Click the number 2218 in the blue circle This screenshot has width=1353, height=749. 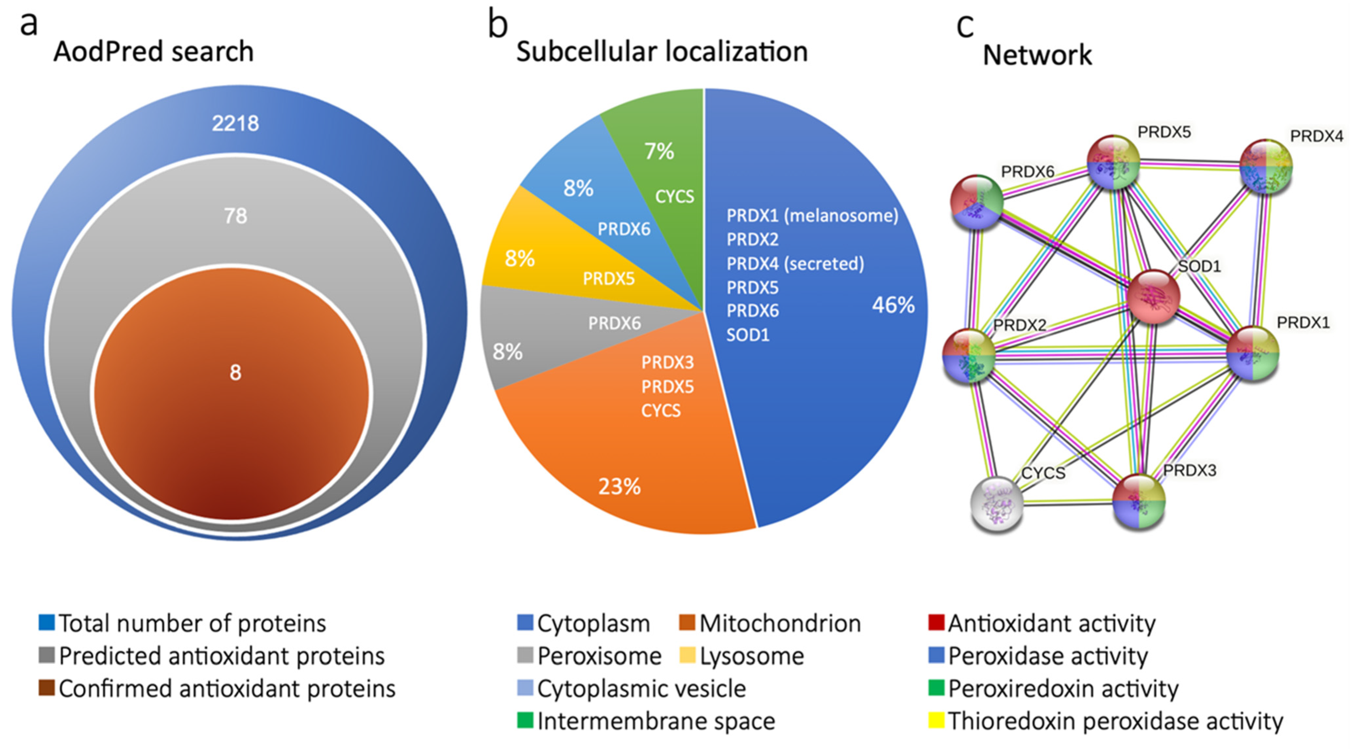pos(235,124)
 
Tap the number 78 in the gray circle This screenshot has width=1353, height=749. pos(235,215)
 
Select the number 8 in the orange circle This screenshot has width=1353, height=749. pos(235,372)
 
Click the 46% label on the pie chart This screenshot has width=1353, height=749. pos(893,305)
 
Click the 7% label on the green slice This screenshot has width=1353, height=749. pos(659,151)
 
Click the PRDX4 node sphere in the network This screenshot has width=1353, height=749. pos(1266,166)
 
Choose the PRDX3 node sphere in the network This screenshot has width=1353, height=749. pos(1139,501)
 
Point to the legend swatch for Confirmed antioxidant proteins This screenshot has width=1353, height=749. pos(47,688)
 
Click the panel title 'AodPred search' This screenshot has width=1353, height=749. pos(153,51)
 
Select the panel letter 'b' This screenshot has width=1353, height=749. pos(498,25)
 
